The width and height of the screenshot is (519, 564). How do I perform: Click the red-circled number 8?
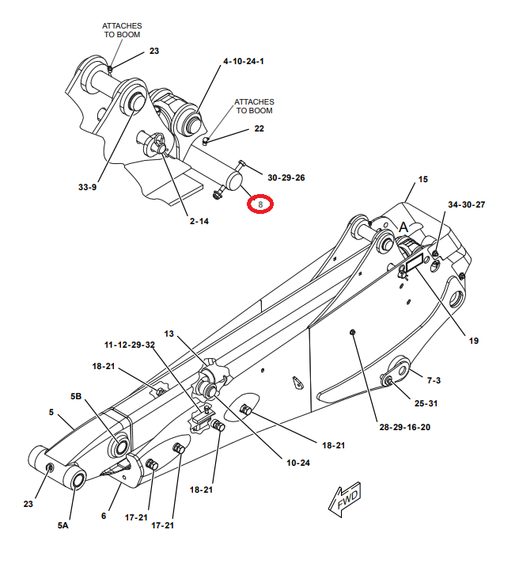[x=260, y=204]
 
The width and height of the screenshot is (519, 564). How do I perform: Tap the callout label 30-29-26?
[x=286, y=177]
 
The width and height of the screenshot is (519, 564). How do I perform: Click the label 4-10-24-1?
[x=244, y=61]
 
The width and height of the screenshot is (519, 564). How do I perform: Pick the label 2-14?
[x=199, y=221]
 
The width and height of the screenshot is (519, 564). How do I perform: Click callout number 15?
[x=422, y=180]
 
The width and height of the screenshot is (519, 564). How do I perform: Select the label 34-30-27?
[x=466, y=204]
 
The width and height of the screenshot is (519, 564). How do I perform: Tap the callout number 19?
[x=473, y=341]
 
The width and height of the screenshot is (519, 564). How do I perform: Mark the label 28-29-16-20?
[x=404, y=427]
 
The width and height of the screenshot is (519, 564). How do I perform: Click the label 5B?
[x=77, y=395]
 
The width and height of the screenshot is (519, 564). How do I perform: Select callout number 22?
[x=259, y=128]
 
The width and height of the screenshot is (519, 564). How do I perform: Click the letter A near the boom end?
[x=403, y=227]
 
